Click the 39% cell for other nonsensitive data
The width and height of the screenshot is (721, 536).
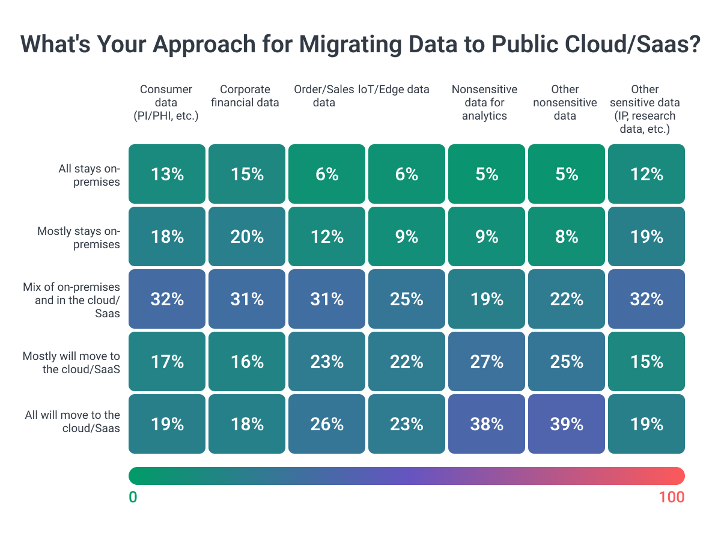pyautogui.click(x=567, y=424)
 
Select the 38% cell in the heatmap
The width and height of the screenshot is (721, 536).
pyautogui.click(x=487, y=424)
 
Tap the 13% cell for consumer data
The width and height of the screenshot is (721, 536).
pyautogui.click(x=167, y=174)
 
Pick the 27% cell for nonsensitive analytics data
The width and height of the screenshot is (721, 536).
pyautogui.click(x=487, y=361)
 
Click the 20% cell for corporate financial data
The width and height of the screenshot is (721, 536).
pyautogui.click(x=247, y=236)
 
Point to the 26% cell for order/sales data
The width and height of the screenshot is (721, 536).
pyautogui.click(x=327, y=424)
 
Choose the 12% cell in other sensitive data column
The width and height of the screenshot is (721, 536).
pyautogui.click(x=646, y=174)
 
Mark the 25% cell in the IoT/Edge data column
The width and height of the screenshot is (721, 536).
pyautogui.click(x=407, y=299)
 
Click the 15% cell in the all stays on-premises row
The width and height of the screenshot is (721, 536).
pyautogui.click(x=247, y=174)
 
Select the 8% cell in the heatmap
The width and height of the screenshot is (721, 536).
pyautogui.click(x=567, y=236)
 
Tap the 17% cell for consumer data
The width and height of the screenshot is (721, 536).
pyautogui.click(x=167, y=361)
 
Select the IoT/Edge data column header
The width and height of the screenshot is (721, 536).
pyautogui.click(x=394, y=90)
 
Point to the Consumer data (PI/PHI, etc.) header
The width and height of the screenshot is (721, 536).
pyautogui.click(x=166, y=103)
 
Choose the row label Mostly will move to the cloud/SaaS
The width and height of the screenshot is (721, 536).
pyautogui.click(x=71, y=362)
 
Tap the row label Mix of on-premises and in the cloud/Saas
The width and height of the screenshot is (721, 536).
pyautogui.click(x=78, y=300)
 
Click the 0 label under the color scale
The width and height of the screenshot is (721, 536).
pyautogui.click(x=133, y=497)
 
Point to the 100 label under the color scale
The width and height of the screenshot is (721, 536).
pyautogui.click(x=671, y=497)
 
